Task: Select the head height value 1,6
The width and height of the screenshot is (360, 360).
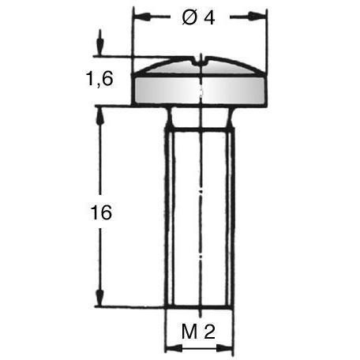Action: tap(101, 80)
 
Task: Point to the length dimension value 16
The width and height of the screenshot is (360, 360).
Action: tap(101, 212)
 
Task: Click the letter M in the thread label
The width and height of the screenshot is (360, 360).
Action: tap(188, 332)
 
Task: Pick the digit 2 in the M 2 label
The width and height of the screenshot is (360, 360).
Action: tap(209, 332)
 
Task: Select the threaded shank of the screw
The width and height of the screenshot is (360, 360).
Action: tap(201, 213)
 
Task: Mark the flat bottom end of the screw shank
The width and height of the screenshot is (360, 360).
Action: tap(201, 306)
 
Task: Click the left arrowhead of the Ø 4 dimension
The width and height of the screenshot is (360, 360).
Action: tap(140, 15)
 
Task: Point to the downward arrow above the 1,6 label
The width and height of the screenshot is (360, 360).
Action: tap(99, 48)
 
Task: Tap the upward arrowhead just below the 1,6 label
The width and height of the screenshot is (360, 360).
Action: tap(99, 113)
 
